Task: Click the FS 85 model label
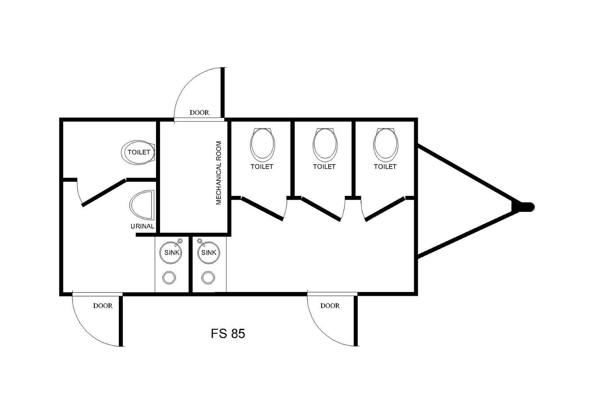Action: coord(228,333)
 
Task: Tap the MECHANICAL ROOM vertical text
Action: coord(219,173)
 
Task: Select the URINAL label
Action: coord(142,226)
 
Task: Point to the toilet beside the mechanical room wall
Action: coord(138,152)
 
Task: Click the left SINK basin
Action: coord(171,253)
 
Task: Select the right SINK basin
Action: coord(209,253)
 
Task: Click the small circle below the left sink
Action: coord(169,277)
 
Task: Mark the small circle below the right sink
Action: coord(208,277)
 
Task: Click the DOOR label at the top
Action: coord(199,112)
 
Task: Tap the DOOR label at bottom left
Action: coord(103,306)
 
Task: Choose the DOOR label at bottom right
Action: coord(330,306)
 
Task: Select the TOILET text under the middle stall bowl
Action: coord(324,166)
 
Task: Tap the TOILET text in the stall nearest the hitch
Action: coord(385,166)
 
